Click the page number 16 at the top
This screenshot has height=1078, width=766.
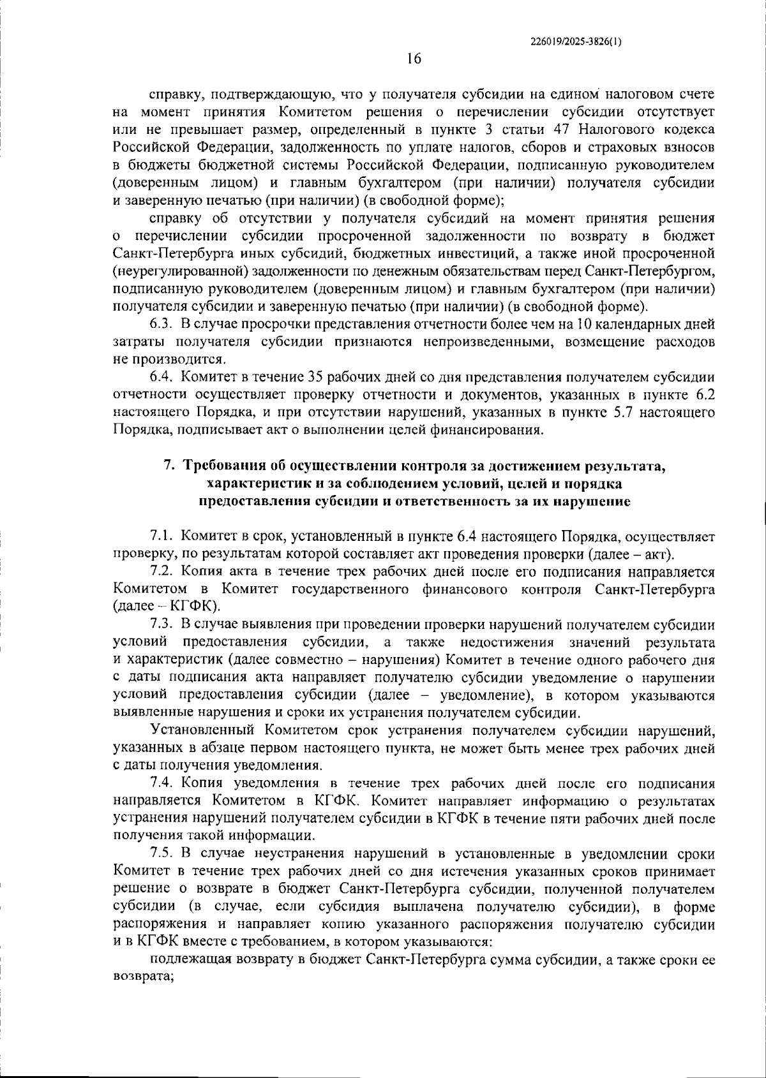(x=414, y=59)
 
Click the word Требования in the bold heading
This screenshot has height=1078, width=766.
(x=219, y=466)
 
